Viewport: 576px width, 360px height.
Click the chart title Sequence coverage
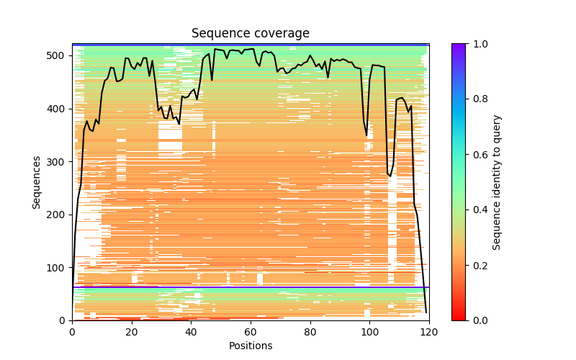coord(251,34)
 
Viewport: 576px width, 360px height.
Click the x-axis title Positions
coord(251,346)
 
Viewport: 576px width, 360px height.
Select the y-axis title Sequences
coord(37,182)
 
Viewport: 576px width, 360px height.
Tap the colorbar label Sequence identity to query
coord(497,182)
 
